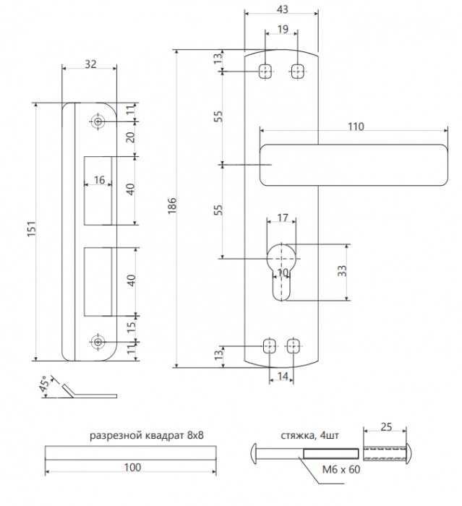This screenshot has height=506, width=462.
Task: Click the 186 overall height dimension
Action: click(x=172, y=205)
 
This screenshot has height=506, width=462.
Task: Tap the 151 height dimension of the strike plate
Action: click(x=31, y=229)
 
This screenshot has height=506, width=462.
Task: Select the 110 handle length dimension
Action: click(x=356, y=126)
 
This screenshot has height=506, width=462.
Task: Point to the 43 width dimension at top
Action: click(x=282, y=9)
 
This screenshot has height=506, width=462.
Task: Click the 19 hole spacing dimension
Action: click(x=283, y=29)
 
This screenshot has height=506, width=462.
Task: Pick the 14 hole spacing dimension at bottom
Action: click(x=283, y=376)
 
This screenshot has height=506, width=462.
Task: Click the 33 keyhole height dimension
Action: click(x=341, y=270)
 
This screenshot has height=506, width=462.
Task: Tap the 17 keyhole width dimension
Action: click(x=283, y=218)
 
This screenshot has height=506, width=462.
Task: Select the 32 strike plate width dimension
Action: click(x=90, y=64)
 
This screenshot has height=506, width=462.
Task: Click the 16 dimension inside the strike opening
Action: click(x=99, y=180)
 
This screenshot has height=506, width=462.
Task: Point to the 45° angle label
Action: click(x=46, y=383)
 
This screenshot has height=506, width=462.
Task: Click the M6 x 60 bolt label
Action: click(x=341, y=469)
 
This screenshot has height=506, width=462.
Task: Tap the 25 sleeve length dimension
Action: click(x=386, y=427)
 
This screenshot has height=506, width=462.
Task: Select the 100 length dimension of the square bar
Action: click(x=132, y=467)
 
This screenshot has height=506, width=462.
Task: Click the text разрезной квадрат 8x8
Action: click(x=147, y=436)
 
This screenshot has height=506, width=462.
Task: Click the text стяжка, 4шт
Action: click(x=309, y=436)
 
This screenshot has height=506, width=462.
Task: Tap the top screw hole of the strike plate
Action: click(x=98, y=121)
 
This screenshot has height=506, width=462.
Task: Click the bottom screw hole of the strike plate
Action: click(x=98, y=342)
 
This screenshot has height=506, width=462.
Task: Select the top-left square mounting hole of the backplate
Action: click(x=265, y=71)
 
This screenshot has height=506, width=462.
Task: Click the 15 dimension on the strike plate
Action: click(x=131, y=327)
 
